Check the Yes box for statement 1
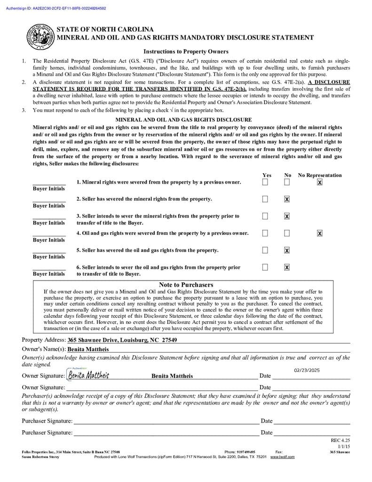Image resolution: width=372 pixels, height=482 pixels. point(265,182)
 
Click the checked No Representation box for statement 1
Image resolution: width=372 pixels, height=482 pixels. point(320,182)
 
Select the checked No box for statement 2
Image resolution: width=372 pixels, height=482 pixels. point(287,199)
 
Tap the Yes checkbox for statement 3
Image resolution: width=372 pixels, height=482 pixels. point(265,216)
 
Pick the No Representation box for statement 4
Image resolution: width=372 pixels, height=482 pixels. point(320,233)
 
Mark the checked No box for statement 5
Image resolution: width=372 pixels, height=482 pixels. point(287,250)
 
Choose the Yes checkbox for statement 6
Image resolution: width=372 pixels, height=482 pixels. point(265,267)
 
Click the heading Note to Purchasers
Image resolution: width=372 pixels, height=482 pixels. point(186,285)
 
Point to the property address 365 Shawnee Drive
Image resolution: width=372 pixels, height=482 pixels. point(122,340)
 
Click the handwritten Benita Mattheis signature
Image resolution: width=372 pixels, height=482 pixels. point(88,375)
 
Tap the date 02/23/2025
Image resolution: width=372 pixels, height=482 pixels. point(307,370)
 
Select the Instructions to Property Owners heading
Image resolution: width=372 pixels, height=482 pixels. point(186,52)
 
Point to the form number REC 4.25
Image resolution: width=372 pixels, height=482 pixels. point(340,441)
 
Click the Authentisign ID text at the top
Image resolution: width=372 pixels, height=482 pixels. point(56,8)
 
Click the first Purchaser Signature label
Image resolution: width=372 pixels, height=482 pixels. point(47,421)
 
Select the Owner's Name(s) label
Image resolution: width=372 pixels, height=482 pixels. point(44,349)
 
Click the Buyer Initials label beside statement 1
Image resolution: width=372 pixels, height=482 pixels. point(49,189)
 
